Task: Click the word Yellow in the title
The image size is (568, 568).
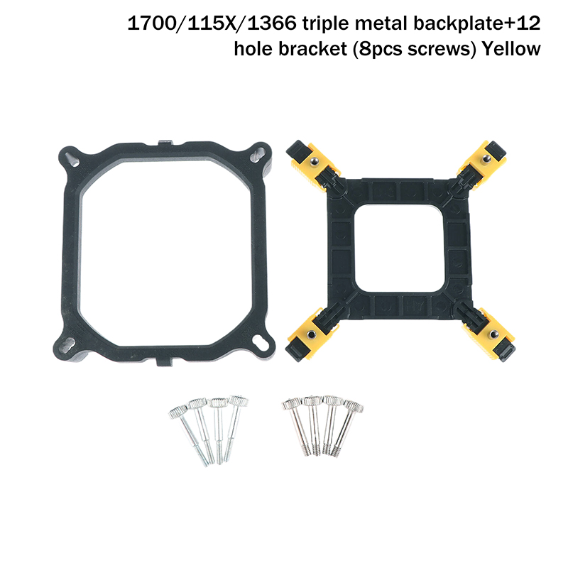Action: click(510, 49)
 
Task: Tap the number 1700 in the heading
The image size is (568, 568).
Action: click(151, 23)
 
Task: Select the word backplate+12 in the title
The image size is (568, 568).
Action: click(476, 24)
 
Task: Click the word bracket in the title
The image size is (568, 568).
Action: click(312, 49)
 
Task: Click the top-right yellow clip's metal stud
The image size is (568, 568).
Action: click(486, 158)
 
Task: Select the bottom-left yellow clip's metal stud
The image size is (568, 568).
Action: click(310, 334)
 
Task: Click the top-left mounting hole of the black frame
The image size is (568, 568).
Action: click(72, 159)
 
